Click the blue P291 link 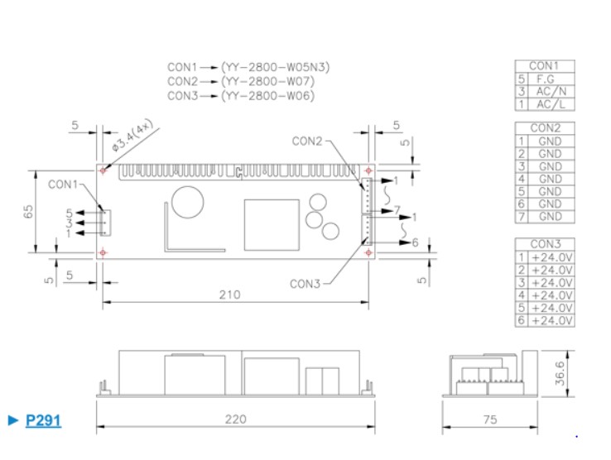point(43,420)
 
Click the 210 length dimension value point(229,295)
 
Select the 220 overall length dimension point(235,419)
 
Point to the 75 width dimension point(490,419)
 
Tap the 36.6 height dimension point(560,373)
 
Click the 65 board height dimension point(28,212)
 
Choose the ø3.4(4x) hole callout point(132,135)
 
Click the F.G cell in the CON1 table point(545,79)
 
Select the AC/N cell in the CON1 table point(551,92)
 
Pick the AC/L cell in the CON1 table point(551,104)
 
